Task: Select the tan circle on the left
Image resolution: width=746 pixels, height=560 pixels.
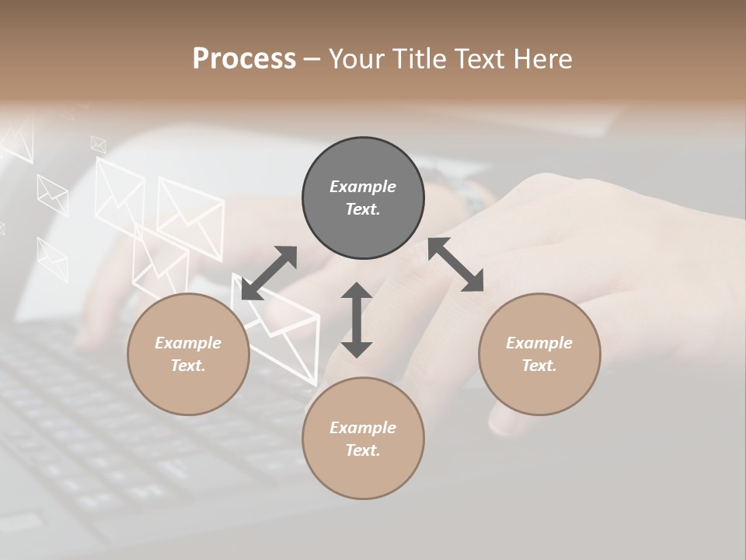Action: tap(188, 354)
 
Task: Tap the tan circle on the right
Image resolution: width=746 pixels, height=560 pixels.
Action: tap(539, 354)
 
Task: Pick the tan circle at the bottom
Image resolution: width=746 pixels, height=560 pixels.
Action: tap(363, 439)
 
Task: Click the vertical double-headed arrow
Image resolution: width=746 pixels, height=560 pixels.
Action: tap(357, 320)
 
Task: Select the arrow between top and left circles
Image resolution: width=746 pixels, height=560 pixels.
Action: tap(269, 273)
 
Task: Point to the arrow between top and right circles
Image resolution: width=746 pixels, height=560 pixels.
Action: tap(456, 264)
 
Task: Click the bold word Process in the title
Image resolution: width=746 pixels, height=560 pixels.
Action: tap(244, 58)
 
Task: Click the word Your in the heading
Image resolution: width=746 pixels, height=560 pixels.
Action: tap(359, 58)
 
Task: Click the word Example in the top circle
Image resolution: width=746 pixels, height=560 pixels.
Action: tap(363, 187)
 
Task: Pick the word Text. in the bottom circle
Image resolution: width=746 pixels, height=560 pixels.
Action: tap(363, 450)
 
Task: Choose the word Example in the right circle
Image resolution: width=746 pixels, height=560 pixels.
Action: tap(539, 343)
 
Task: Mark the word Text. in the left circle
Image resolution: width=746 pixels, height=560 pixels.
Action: tap(188, 366)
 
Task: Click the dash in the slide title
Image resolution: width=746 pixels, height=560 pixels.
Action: tap(312, 58)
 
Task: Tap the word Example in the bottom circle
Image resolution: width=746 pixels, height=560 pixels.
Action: tap(363, 428)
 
